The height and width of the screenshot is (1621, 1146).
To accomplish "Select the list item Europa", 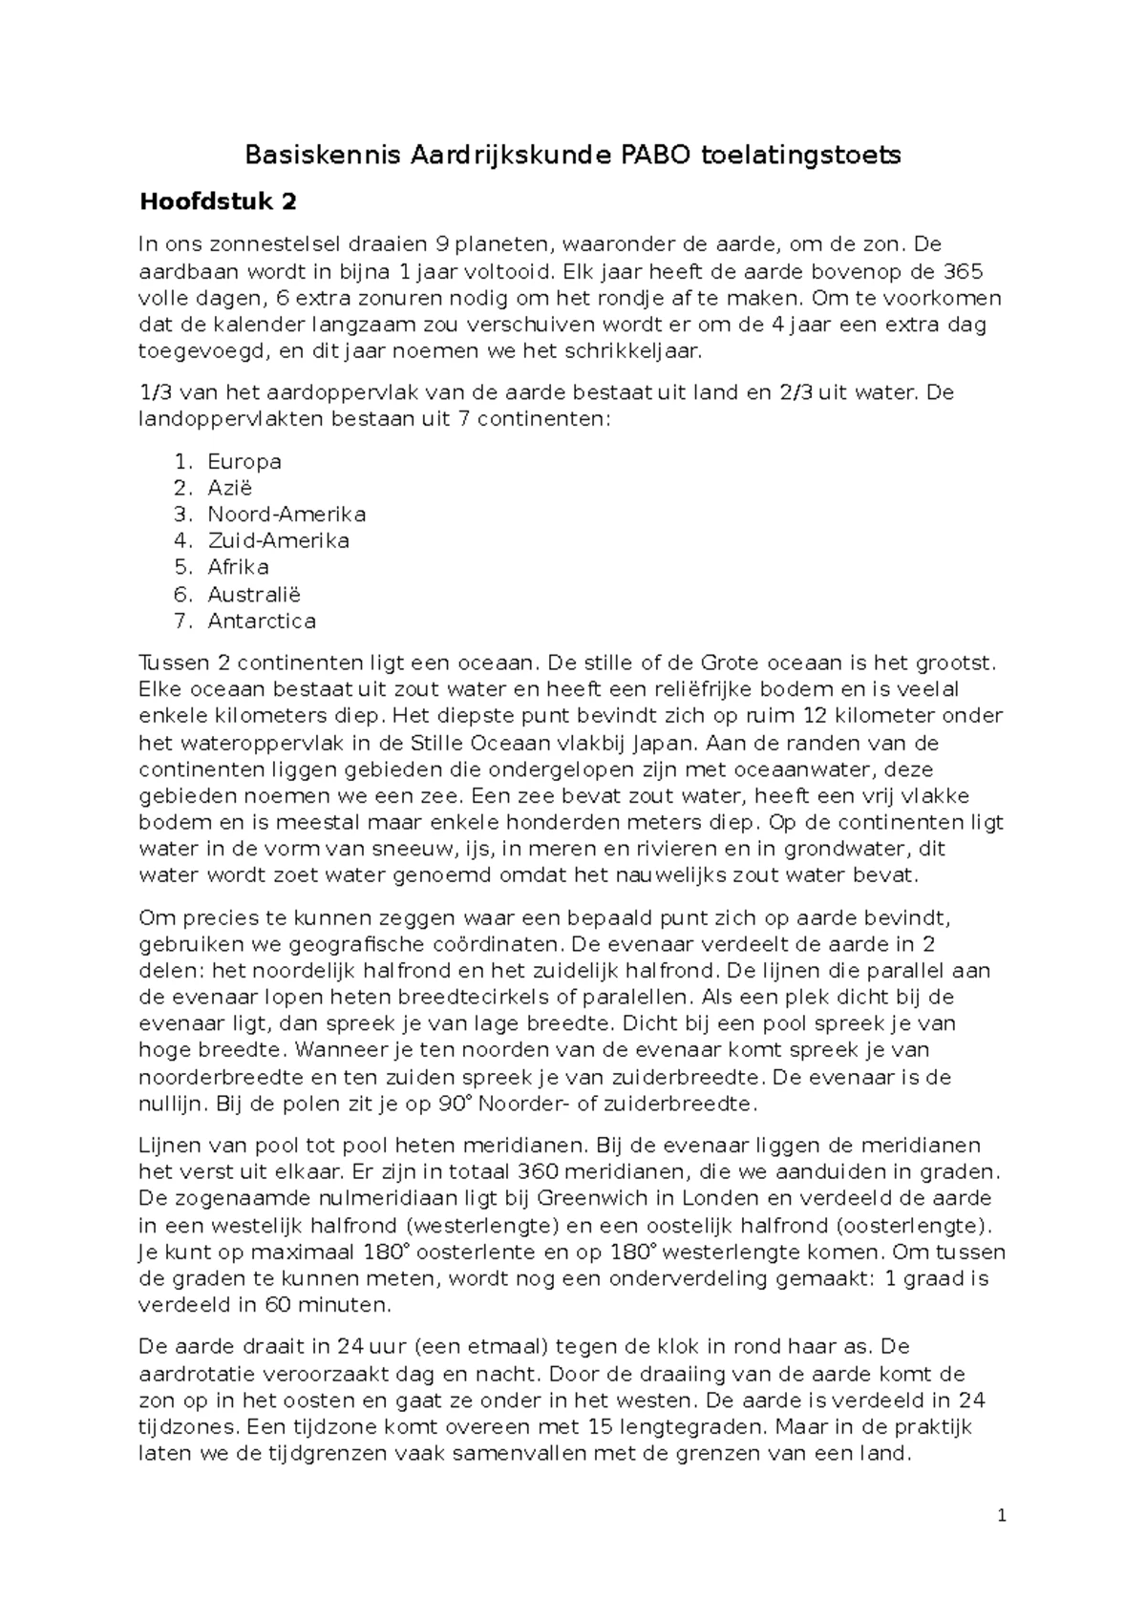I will click(x=244, y=462).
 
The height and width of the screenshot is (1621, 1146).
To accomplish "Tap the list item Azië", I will click(x=230, y=488).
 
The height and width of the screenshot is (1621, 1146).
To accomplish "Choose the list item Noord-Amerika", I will click(x=286, y=515).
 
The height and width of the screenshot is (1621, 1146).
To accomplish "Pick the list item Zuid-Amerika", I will click(x=278, y=541).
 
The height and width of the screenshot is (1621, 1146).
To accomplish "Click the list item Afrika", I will click(x=238, y=567).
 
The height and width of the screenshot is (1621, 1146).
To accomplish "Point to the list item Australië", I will click(x=254, y=594).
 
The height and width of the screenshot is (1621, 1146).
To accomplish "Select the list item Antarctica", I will click(x=262, y=621).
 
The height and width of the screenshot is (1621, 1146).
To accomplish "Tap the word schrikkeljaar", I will click(x=637, y=351).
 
